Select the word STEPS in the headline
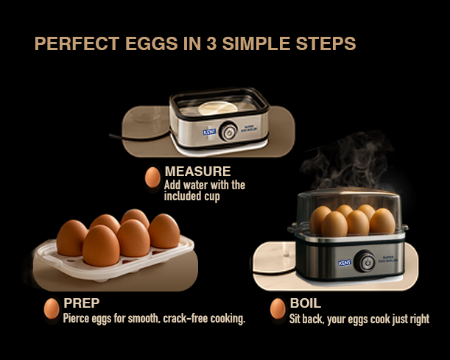(328, 43)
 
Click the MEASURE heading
(197, 172)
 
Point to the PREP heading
(81, 303)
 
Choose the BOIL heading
(306, 303)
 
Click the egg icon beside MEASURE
(152, 177)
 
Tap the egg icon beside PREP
(52, 308)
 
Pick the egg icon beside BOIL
(278, 308)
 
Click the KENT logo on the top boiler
(210, 131)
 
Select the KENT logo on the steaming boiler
(344, 262)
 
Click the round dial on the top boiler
(230, 132)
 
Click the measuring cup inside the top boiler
(219, 107)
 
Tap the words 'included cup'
(193, 197)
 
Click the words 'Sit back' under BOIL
(306, 319)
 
